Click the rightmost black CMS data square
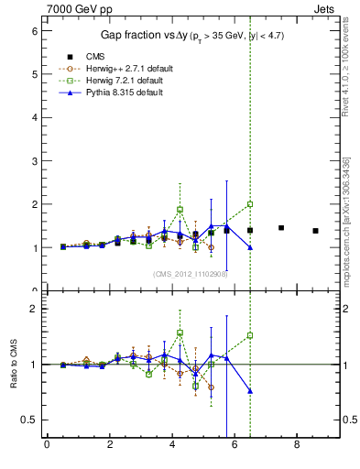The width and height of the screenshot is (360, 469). (x=315, y=231)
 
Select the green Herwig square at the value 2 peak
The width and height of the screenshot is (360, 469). (x=250, y=204)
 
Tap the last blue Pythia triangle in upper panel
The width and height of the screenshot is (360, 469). (x=250, y=247)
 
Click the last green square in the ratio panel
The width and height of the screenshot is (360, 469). (x=250, y=335)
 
